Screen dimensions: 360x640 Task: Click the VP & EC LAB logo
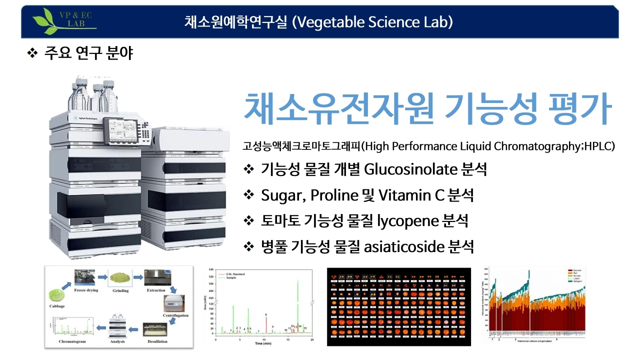(64, 21)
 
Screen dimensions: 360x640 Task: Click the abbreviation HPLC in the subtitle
(598, 146)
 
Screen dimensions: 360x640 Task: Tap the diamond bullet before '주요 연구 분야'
(32, 53)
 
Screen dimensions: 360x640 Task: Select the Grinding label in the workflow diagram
(120, 290)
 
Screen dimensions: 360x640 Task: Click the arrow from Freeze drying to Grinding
(102, 276)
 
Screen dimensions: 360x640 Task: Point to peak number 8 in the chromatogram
(266, 315)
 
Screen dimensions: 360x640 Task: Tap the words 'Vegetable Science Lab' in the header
(372, 22)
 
